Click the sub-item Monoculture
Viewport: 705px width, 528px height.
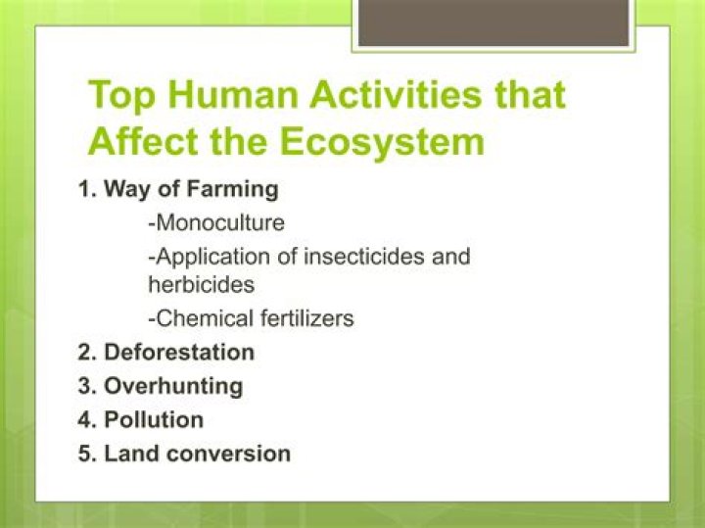[216, 222]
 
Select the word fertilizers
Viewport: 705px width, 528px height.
[305, 318]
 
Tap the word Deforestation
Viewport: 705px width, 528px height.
[179, 352]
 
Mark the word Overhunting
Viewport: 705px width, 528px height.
[173, 386]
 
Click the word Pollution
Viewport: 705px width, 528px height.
[154, 420]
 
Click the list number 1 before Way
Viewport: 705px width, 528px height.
[85, 189]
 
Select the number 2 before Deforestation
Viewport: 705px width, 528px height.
[85, 352]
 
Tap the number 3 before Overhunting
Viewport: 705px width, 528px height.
[85, 386]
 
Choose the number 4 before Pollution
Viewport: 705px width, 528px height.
[85, 420]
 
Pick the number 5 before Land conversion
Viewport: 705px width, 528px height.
[85, 454]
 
